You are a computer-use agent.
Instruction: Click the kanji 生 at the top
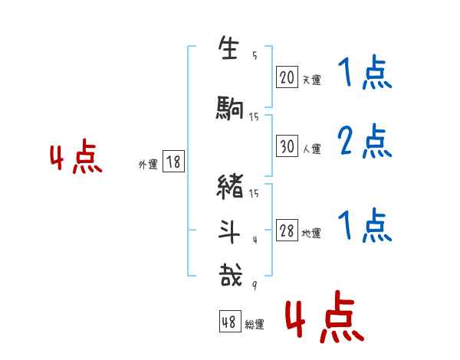click(x=228, y=51)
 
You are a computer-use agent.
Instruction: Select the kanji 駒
click(x=229, y=110)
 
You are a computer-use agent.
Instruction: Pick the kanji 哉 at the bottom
click(x=228, y=275)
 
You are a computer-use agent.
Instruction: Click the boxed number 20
click(x=287, y=77)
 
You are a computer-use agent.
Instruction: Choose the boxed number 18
click(x=173, y=162)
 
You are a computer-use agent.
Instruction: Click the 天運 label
click(x=311, y=79)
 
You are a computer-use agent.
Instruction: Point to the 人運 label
click(x=311, y=149)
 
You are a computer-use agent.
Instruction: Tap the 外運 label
click(x=148, y=164)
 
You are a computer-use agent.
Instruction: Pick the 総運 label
click(x=255, y=325)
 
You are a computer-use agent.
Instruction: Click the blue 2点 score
click(x=363, y=141)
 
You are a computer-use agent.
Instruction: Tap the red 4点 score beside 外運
click(x=76, y=159)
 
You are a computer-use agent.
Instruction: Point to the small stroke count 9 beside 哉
click(x=255, y=286)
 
